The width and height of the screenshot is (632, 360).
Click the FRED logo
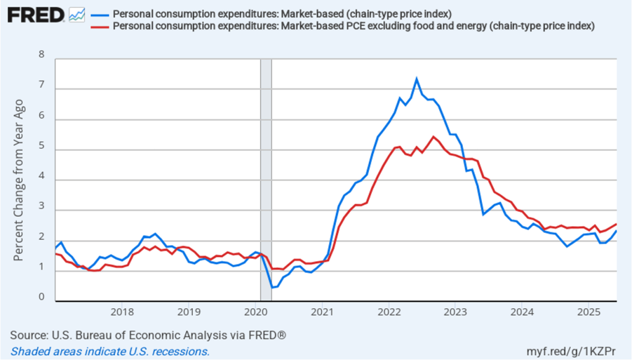36,14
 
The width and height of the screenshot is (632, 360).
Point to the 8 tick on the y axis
42,54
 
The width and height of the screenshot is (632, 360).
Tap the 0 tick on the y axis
42,297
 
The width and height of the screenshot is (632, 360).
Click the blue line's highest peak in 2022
416,78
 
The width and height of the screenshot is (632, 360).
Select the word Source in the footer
27,335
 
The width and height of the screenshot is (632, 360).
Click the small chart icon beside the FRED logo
77,14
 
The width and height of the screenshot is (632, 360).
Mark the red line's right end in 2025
617,224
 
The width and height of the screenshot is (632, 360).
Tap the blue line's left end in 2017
56,248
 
